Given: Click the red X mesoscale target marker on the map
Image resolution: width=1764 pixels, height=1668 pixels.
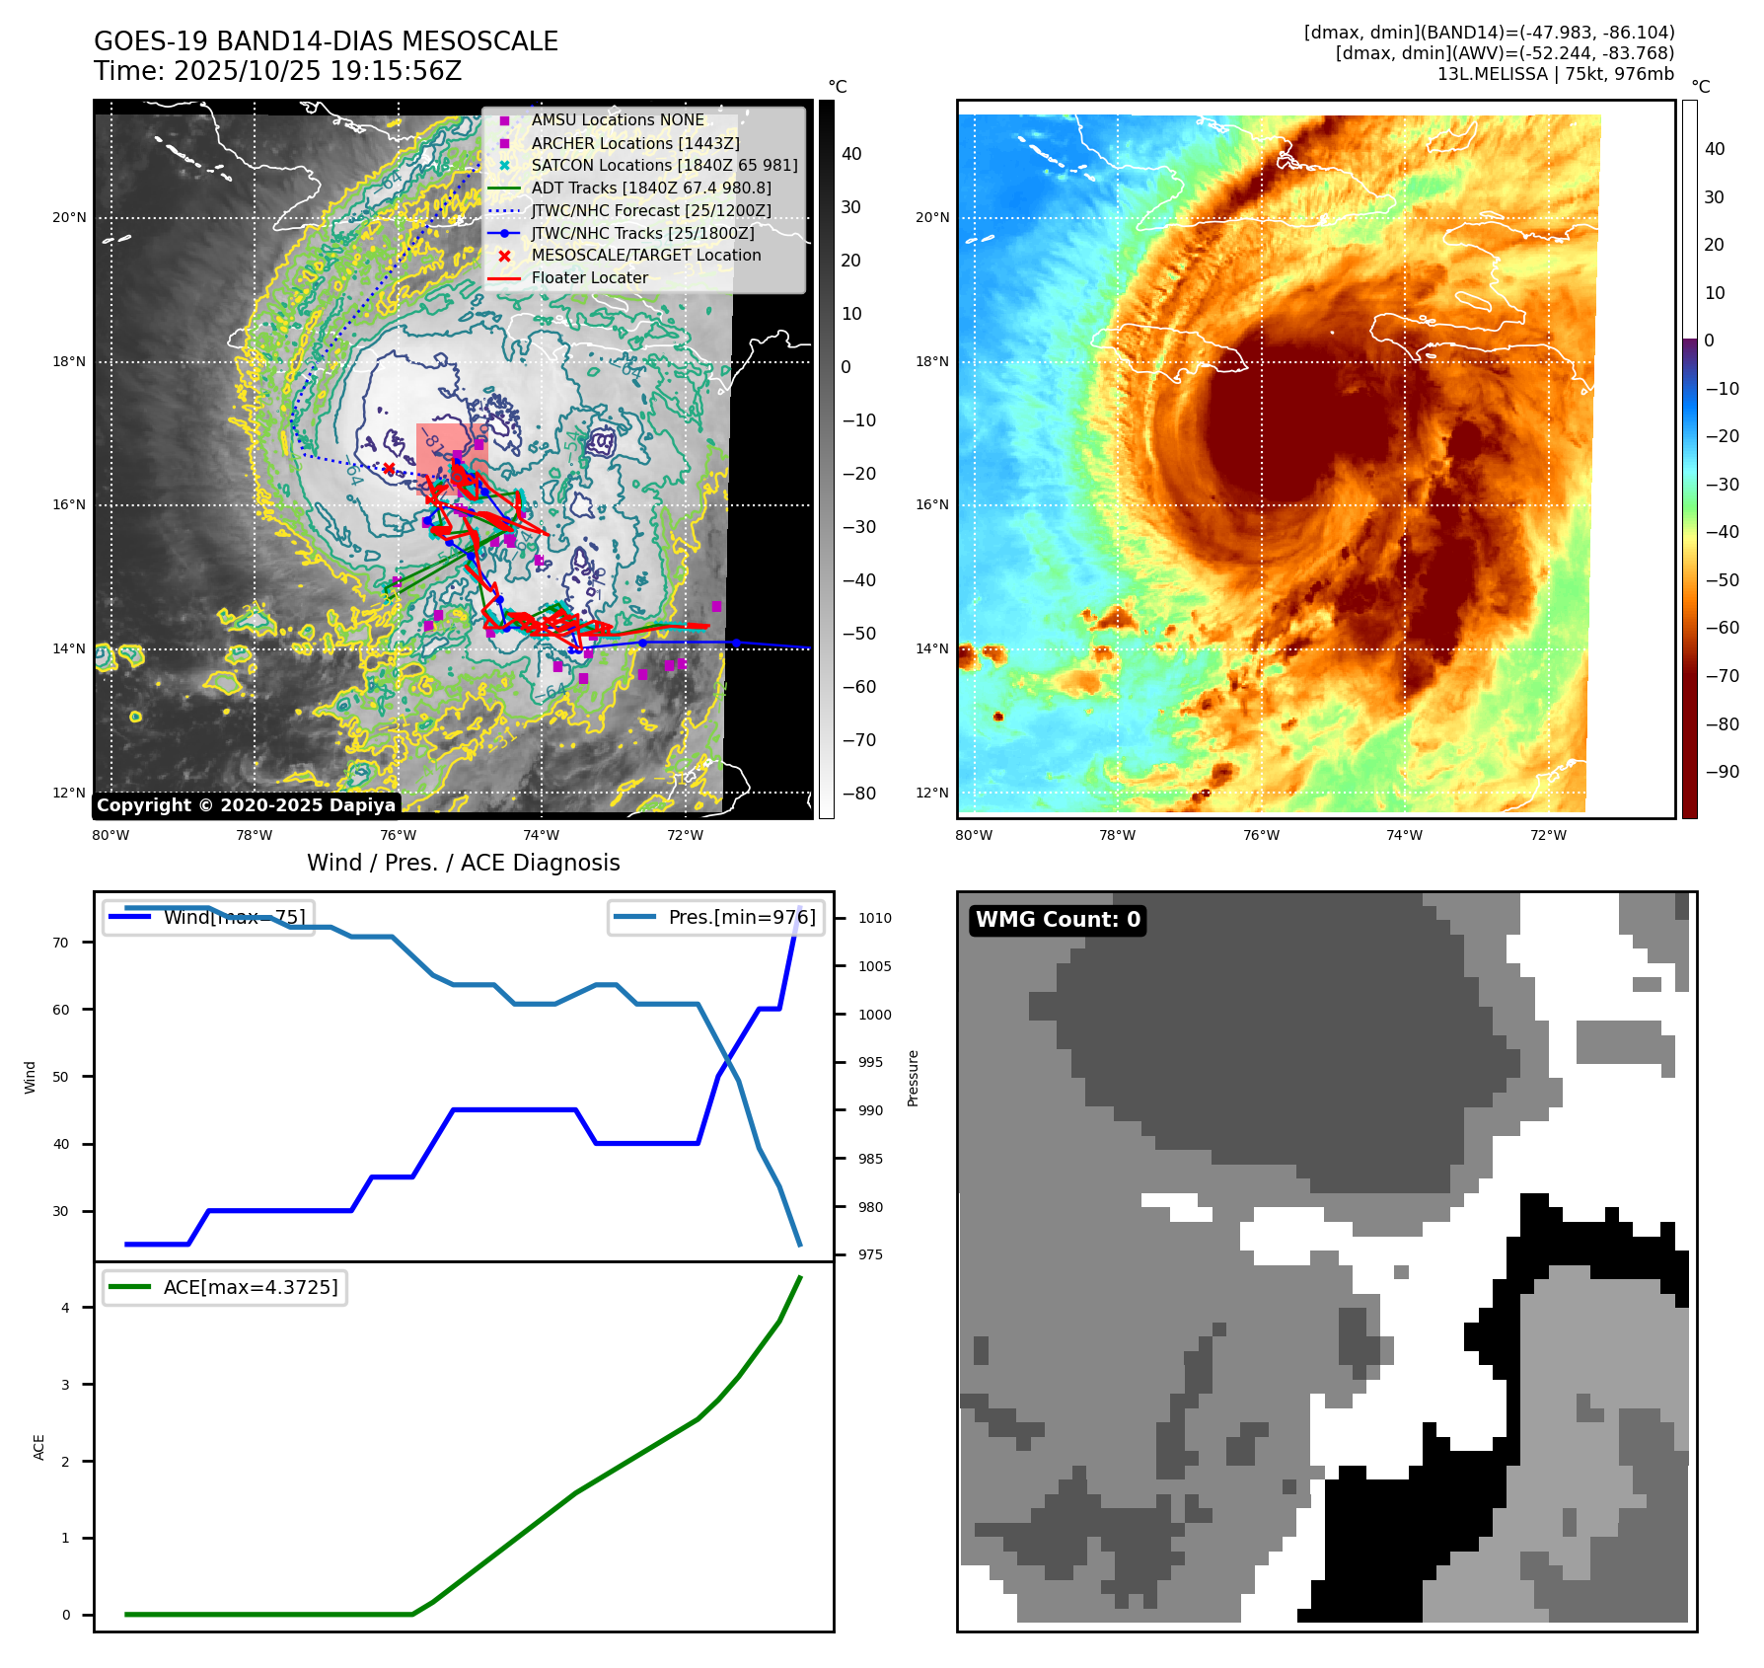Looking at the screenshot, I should pos(389,469).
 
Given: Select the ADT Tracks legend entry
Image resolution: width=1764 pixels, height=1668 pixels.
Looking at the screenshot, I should pos(651,188).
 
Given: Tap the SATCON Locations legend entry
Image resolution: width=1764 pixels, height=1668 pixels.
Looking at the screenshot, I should pos(664,165).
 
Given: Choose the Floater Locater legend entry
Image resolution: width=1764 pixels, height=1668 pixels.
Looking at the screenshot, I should pos(589,278).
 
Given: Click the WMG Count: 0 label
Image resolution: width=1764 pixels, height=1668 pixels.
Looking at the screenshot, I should pos(1058,920).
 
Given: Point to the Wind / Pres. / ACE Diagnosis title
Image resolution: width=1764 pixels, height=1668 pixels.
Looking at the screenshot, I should pos(464,863).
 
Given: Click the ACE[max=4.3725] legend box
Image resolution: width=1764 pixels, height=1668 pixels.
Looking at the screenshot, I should pos(225,1287).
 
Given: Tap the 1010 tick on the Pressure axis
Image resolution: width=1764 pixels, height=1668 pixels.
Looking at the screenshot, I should pos(874,918).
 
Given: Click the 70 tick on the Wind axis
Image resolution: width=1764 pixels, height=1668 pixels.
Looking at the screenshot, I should pos(61,943).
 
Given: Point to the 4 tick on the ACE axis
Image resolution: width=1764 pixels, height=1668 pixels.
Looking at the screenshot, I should pos(65,1308).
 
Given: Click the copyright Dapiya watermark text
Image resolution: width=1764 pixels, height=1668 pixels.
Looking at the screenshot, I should pos(246,805).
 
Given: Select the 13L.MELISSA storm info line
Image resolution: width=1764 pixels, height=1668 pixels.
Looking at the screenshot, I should pos(1555,74).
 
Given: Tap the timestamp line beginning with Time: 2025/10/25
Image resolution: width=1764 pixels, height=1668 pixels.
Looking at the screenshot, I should pos(277,71).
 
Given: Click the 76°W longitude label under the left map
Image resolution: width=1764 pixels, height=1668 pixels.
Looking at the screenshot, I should pos(398,836).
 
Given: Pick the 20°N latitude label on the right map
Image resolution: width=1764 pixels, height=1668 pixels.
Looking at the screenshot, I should pos(932,217).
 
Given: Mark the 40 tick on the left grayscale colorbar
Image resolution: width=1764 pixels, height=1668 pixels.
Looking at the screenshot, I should pos(851,154).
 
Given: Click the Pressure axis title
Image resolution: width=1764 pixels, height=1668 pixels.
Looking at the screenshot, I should pos(913,1078).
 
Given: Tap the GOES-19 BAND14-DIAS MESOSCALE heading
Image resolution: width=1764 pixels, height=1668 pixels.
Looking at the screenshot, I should pos(326,41).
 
